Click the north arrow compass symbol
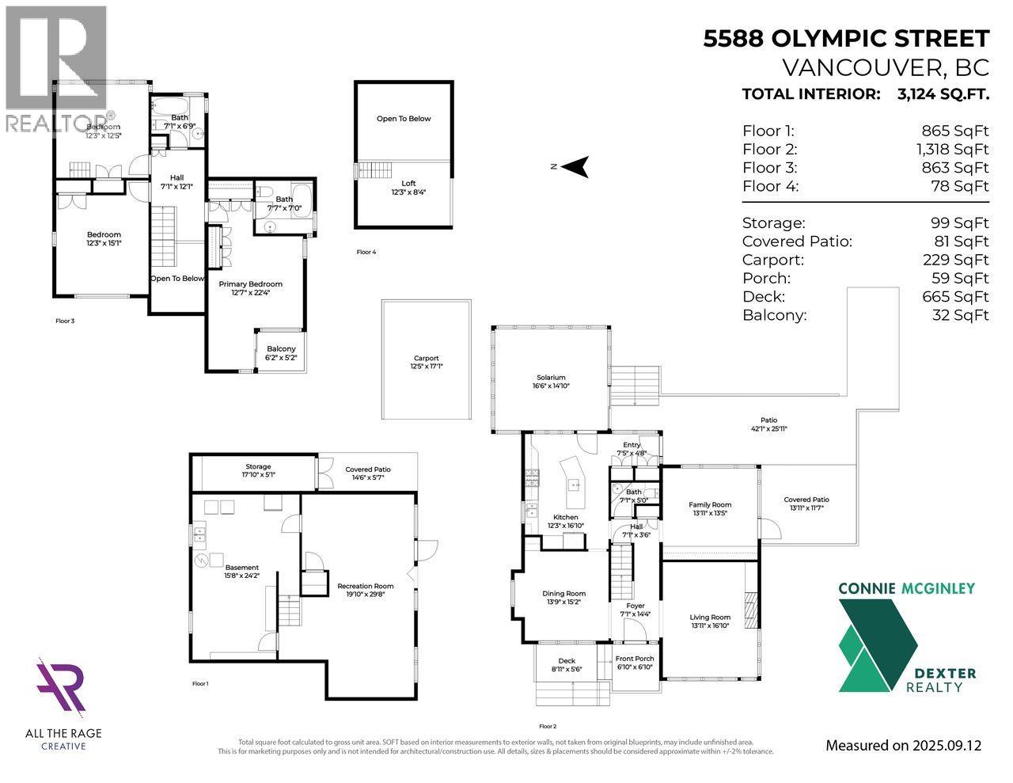click(x=578, y=166)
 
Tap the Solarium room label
click(x=550, y=378)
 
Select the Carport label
click(x=425, y=359)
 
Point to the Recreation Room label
click(x=365, y=587)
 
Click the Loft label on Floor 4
click(x=408, y=184)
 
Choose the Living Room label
click(x=710, y=618)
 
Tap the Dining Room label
click(x=563, y=594)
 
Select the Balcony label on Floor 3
click(x=281, y=349)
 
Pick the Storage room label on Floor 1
click(x=258, y=467)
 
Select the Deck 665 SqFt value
click(x=960, y=297)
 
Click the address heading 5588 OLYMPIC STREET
click(x=846, y=39)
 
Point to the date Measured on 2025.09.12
click(x=903, y=745)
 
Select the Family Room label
click(x=710, y=504)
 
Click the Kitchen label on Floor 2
click(x=565, y=517)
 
